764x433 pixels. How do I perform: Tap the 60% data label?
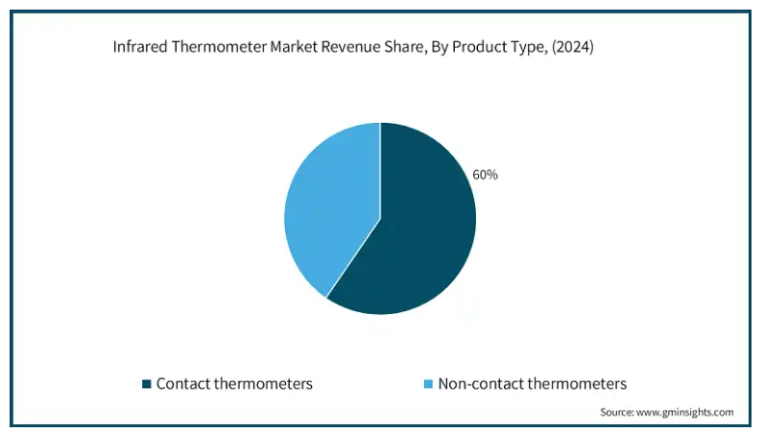pyautogui.click(x=486, y=175)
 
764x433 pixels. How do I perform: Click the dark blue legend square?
pyautogui.click(x=147, y=384)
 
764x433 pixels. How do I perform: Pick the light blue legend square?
pyautogui.click(x=428, y=384)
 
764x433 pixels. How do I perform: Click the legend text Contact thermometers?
pyautogui.click(x=234, y=384)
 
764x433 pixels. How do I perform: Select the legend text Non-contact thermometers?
pyautogui.click(x=533, y=384)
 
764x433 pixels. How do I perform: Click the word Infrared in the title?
pyautogui.click(x=140, y=47)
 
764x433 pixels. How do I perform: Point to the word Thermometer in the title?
pyautogui.click(x=219, y=47)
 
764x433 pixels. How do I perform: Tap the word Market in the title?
pyautogui.click(x=291, y=47)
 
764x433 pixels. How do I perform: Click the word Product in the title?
pyautogui.click(x=480, y=47)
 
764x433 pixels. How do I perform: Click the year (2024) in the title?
pyautogui.click(x=573, y=47)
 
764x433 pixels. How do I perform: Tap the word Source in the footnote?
pyautogui.click(x=617, y=412)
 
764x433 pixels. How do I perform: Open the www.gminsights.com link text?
pyautogui.click(x=685, y=413)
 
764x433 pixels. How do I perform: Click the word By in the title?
pyautogui.click(x=440, y=48)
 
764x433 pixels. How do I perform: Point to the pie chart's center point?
pyautogui.click(x=380, y=219)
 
